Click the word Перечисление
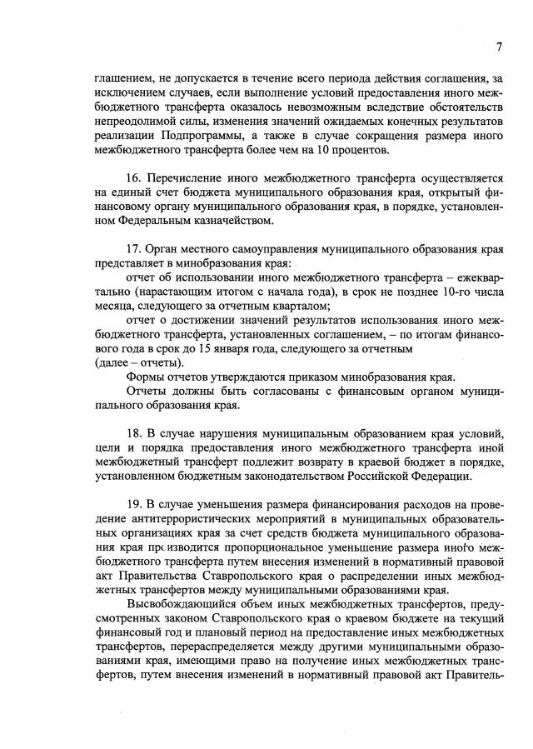191,179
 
